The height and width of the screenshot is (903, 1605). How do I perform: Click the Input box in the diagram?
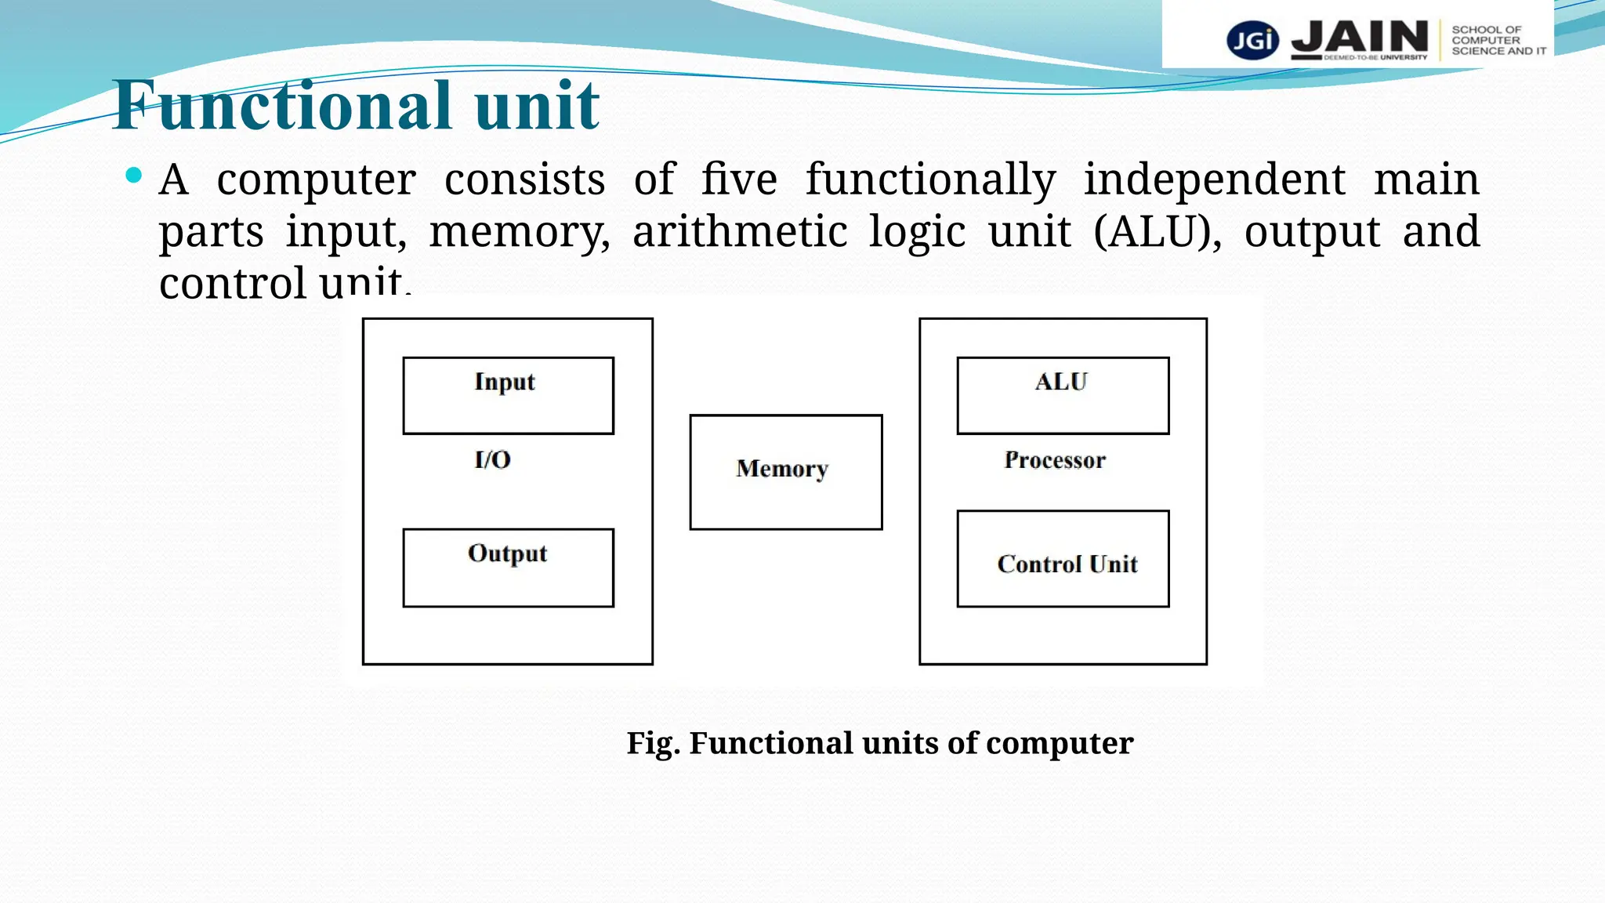[508, 396]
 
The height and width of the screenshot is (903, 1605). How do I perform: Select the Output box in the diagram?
[508, 568]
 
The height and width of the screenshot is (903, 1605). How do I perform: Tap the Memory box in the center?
[785, 472]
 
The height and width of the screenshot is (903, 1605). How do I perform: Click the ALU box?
[1063, 396]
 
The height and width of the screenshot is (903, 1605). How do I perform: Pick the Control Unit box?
[1063, 560]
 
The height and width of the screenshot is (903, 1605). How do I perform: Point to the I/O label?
[493, 459]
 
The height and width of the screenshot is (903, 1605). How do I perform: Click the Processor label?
[1055, 460]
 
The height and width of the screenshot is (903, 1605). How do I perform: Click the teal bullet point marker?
[134, 175]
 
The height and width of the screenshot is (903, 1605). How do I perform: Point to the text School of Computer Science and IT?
[1498, 40]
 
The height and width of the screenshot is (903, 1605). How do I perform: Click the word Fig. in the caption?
[653, 743]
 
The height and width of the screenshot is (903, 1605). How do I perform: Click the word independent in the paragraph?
[1214, 180]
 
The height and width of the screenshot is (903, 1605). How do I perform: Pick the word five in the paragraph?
[738, 180]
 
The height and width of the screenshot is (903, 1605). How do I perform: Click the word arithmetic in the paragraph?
[740, 232]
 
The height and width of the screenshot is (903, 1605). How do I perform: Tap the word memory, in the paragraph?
[519, 233]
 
